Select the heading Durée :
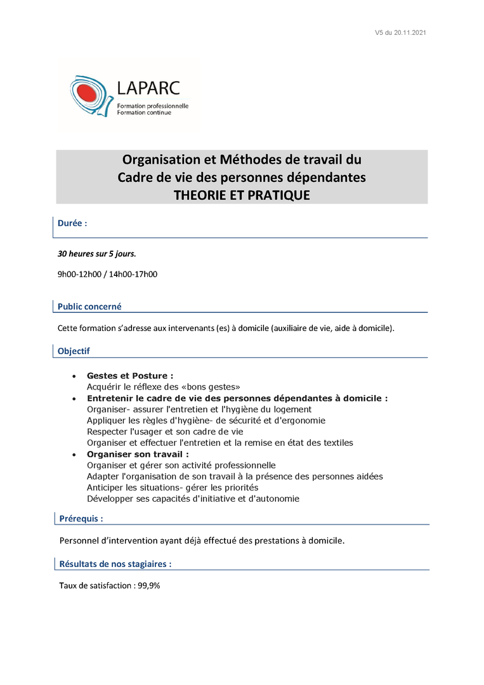(72, 224)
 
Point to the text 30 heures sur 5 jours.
(97, 254)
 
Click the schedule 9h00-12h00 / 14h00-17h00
(107, 274)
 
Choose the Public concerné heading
(89, 306)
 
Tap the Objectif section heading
(74, 351)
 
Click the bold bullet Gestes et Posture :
(130, 376)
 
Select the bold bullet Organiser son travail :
(138, 454)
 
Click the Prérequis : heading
(81, 518)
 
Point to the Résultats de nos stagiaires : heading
(115, 563)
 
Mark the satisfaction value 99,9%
(149, 586)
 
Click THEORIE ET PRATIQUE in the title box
(242, 195)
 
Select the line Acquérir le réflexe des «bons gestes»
(163, 387)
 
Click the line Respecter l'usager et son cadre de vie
(165, 431)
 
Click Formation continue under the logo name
(144, 113)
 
